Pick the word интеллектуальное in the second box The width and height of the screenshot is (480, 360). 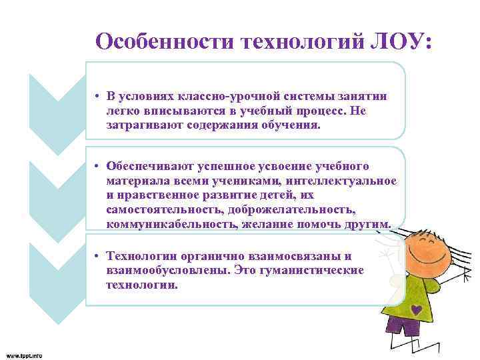coord(350,181)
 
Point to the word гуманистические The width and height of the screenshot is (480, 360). coord(318,271)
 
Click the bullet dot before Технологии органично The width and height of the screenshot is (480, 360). coord(97,257)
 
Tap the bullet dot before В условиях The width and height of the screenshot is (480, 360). coord(97,97)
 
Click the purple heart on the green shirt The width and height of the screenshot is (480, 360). coord(416,309)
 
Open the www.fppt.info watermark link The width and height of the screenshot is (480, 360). coord(24,355)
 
